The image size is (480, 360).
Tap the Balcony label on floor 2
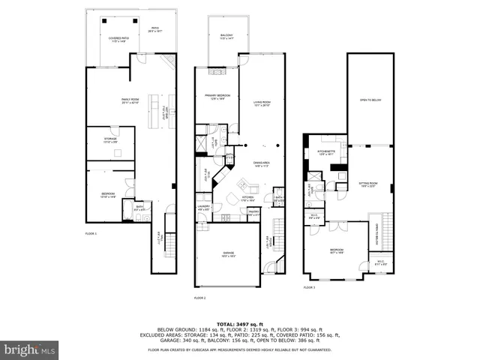click(x=226, y=37)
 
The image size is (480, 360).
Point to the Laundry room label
click(x=203, y=208)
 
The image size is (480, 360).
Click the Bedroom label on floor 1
click(x=109, y=195)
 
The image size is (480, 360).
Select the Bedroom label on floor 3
click(x=337, y=253)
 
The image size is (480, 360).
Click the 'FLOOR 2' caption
click(x=199, y=298)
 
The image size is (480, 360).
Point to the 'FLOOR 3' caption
click(x=309, y=287)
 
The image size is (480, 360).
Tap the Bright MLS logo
click(x=30, y=349)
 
